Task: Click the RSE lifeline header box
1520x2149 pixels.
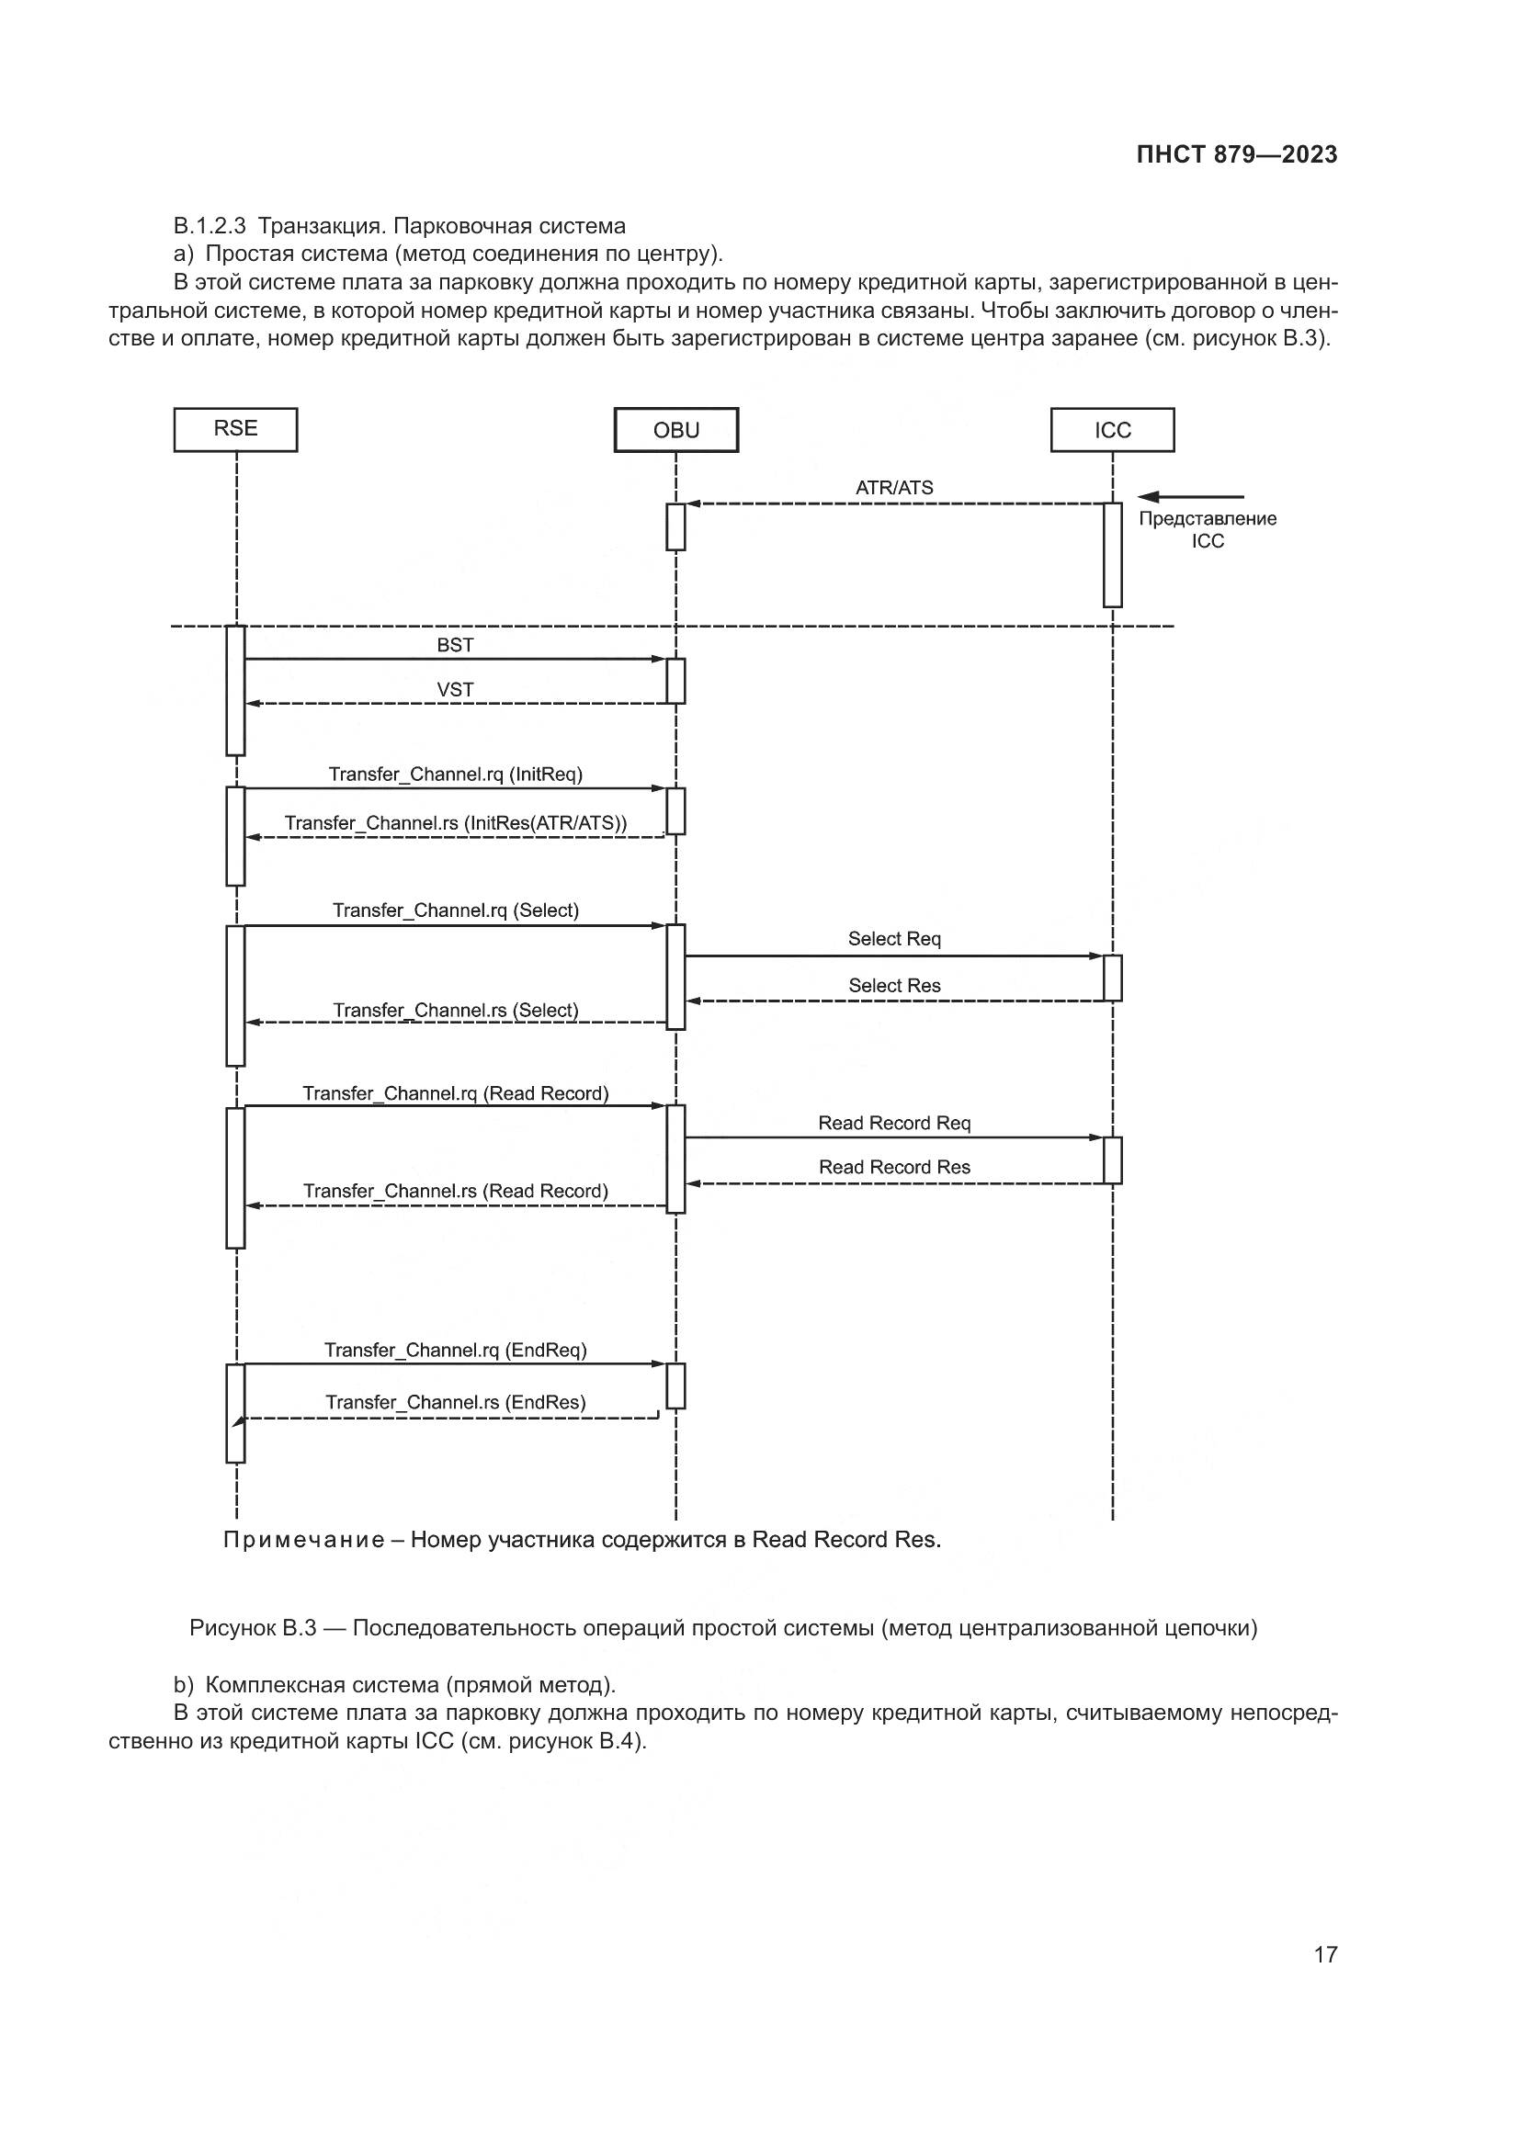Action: point(235,430)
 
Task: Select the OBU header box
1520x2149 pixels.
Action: point(675,431)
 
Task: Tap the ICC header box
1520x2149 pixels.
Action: point(1112,431)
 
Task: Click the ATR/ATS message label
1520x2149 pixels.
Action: point(894,488)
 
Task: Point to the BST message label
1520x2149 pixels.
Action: point(455,645)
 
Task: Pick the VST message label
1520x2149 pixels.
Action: point(455,690)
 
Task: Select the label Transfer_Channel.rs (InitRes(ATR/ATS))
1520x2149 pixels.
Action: point(455,822)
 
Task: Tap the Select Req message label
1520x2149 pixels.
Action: point(894,939)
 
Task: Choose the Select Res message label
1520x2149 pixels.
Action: point(894,986)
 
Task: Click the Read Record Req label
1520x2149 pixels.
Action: point(894,1123)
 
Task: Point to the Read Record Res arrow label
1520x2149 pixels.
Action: point(894,1167)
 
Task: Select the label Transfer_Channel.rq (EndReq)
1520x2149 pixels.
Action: point(455,1350)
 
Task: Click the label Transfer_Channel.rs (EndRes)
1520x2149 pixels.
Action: point(455,1402)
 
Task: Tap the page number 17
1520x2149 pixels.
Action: point(1325,1954)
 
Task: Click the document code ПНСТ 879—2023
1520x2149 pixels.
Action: point(1236,155)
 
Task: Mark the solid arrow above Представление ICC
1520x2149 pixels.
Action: point(1190,497)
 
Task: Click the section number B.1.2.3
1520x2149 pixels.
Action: point(209,227)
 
